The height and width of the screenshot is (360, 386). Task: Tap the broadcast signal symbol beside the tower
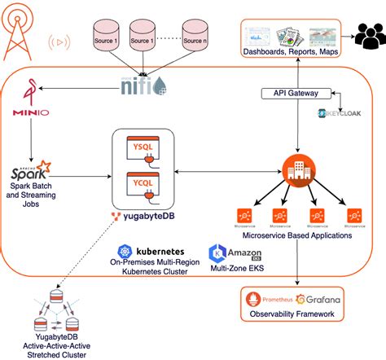[59, 40]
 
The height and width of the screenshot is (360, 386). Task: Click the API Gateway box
[298, 94]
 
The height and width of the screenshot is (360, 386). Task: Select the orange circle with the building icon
[296, 169]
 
